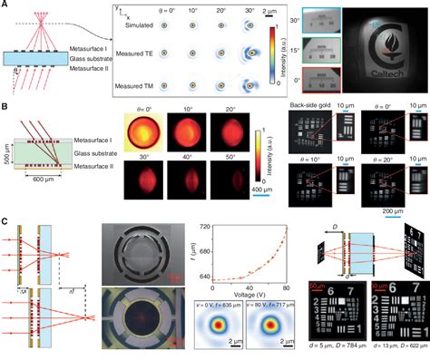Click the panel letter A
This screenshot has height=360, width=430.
pyautogui.click(x=5, y=6)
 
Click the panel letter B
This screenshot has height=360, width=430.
pyautogui.click(x=5, y=108)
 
